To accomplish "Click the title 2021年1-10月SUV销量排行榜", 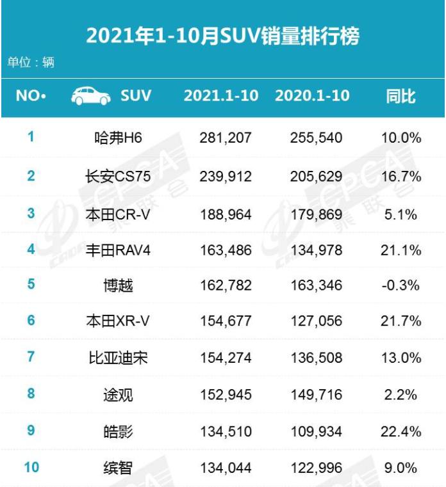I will (222, 35).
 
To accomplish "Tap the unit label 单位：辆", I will (31, 63).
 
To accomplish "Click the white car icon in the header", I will (90, 96).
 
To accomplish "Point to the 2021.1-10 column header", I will (221, 96).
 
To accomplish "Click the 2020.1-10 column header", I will (312, 96).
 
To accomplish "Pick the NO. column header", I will (31, 96).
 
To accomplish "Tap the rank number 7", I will (31, 356).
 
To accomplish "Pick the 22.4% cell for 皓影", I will (401, 431).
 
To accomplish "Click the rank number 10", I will (31, 467).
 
